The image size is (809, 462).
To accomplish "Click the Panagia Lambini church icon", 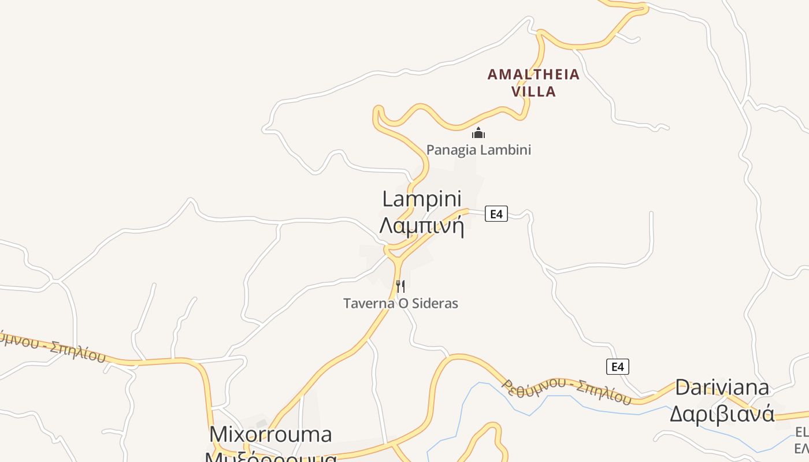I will [478, 133].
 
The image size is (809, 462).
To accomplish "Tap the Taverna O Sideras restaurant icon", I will [400, 286].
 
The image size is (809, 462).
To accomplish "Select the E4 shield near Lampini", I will [496, 214].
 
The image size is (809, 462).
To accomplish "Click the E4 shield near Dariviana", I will [617, 366].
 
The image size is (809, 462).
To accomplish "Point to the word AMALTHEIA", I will [533, 74].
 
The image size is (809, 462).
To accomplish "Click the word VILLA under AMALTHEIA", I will [533, 92].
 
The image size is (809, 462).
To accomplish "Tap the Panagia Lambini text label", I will [478, 150].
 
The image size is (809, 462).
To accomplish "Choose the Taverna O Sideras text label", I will [400, 303].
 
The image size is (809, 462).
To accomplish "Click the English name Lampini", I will [422, 199].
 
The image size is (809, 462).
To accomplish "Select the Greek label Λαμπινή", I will [422, 226].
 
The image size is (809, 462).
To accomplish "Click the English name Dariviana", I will [722, 388].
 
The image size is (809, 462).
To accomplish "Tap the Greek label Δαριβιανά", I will [722, 413].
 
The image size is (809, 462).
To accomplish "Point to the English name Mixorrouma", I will [270, 434].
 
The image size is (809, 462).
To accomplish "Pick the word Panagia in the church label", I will [448, 150].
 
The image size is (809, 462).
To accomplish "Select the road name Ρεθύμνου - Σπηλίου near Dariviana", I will [566, 392].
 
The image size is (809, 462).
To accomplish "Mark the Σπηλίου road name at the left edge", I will [78, 351].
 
